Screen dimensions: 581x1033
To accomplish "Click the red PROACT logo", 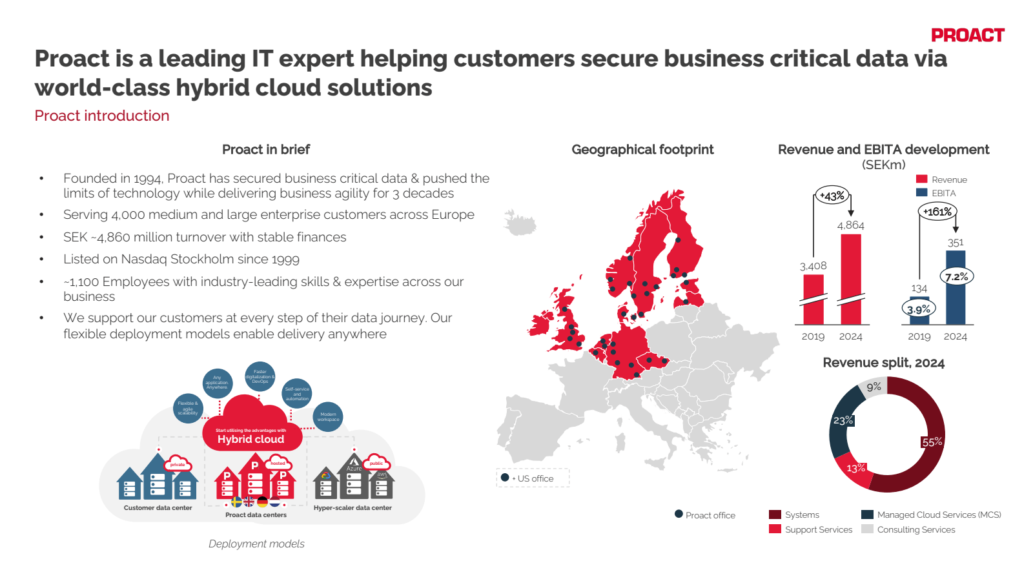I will [967, 36].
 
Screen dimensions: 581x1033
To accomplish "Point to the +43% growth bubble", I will [832, 196].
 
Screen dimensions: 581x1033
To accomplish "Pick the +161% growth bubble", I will [937, 212].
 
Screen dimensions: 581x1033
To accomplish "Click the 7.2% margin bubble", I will [957, 277].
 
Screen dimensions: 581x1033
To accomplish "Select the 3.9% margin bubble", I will [919, 309].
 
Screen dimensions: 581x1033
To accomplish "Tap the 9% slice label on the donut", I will [874, 387].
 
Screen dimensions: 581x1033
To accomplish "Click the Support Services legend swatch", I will [775, 529].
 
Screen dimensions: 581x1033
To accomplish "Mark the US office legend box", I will [533, 478].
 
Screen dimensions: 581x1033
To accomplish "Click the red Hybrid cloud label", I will [251, 439].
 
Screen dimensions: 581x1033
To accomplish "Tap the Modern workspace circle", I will [328, 417].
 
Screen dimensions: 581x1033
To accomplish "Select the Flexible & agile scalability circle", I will [188, 408].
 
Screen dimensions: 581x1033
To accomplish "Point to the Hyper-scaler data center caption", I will [353, 508].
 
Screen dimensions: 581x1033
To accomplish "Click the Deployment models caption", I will [256, 544].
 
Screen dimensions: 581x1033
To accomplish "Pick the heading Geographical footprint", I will [642, 150].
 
